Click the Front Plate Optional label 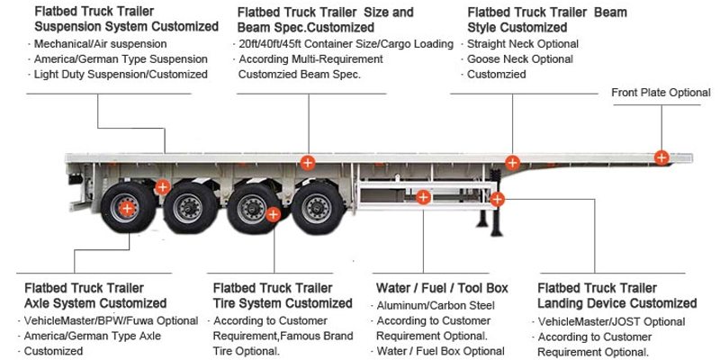coord(661,93)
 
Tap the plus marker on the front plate coord(661,157)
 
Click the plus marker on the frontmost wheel coord(127,208)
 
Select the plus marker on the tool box coord(424,197)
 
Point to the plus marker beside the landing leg coord(497,199)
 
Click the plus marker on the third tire coord(274,214)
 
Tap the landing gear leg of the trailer coord(487,220)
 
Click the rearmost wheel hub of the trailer coord(126,209)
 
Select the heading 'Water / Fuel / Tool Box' coord(441,288)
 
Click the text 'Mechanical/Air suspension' coord(100,43)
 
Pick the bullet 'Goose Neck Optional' coord(519,59)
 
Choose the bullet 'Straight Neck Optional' coord(522,43)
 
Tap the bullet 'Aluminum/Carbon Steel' coord(435,306)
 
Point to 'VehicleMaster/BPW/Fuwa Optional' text coord(111,321)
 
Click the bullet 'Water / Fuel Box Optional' coord(440,351)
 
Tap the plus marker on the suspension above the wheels coord(162,187)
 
